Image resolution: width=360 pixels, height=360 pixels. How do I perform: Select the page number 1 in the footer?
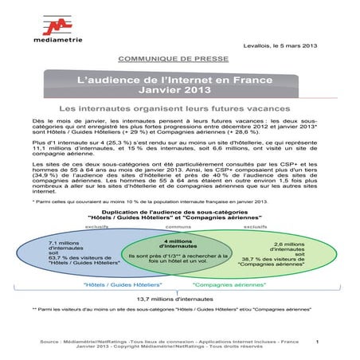pos(316,342)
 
